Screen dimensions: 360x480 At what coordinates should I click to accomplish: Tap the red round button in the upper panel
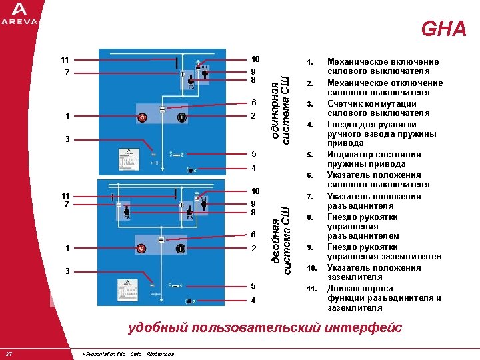point(141,118)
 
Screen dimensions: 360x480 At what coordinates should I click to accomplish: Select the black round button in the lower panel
point(180,249)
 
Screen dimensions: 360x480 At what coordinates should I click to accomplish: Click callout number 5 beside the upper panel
point(253,154)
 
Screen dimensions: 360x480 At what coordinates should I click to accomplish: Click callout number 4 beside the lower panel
point(253,301)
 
